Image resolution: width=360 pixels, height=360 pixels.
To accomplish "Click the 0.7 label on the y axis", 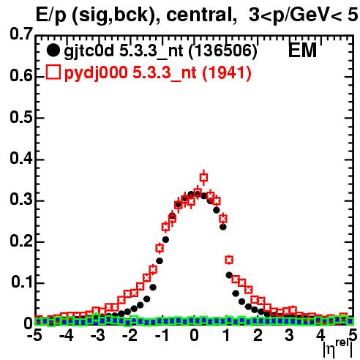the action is pyautogui.click(x=21, y=34).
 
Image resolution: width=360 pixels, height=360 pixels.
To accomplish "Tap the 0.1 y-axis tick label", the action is pyautogui.click(x=22, y=282).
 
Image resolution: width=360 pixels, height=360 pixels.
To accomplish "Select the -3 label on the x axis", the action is pyautogui.click(x=98, y=336).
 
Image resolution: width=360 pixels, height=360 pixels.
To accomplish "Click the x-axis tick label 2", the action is pyautogui.click(x=258, y=336).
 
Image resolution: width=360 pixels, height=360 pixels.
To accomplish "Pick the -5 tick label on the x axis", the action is pyautogui.click(x=34, y=336).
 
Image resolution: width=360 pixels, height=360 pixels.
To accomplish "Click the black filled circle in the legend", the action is pyautogui.click(x=53, y=50).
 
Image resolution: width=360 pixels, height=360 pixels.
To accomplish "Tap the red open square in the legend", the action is pyautogui.click(x=53, y=72).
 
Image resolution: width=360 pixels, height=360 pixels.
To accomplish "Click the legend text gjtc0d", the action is pyautogui.click(x=89, y=51).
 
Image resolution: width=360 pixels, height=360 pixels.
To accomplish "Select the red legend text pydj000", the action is pyautogui.click(x=96, y=73).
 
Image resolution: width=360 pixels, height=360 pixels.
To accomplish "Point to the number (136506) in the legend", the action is pyautogui.click(x=223, y=51).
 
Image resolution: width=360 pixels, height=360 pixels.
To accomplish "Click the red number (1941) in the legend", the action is pyautogui.click(x=227, y=73).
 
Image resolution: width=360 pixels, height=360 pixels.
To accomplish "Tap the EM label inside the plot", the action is pyautogui.click(x=302, y=50).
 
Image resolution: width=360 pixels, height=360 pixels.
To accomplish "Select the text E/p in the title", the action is pyautogui.click(x=51, y=16).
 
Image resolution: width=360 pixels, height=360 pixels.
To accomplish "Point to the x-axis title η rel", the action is pyautogui.click(x=338, y=348).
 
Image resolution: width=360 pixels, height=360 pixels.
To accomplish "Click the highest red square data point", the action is pyautogui.click(x=204, y=178).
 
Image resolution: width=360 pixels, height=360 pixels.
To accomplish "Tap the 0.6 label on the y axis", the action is pyautogui.click(x=21, y=75).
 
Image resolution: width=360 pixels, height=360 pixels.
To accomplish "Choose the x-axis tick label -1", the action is pyautogui.click(x=162, y=336).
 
